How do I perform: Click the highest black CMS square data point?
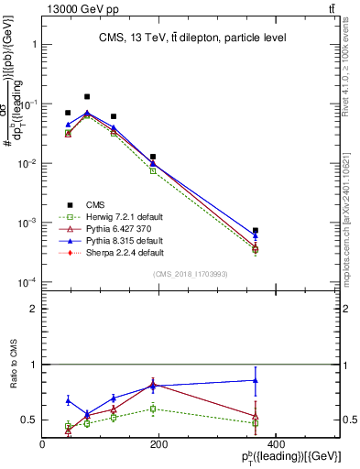coord(87,96)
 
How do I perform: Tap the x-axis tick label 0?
coord(43,444)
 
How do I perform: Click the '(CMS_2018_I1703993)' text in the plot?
coord(190,274)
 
